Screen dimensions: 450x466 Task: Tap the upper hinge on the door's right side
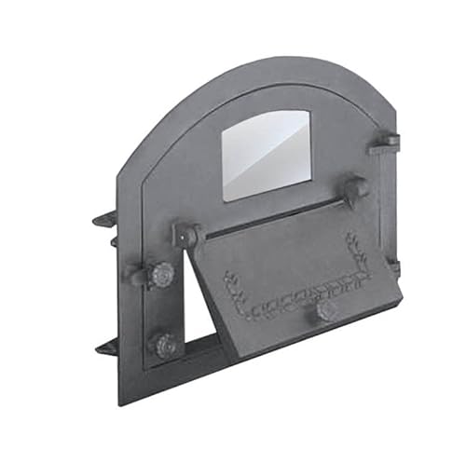384,143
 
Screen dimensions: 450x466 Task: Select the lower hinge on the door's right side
393,267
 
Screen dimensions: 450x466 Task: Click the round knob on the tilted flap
326,310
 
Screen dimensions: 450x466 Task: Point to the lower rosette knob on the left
167,345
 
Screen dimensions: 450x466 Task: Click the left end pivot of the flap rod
187,234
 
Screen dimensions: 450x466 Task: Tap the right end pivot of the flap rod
357,189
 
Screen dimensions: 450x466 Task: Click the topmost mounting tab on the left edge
104,220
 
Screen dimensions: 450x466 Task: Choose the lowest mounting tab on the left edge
105,348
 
